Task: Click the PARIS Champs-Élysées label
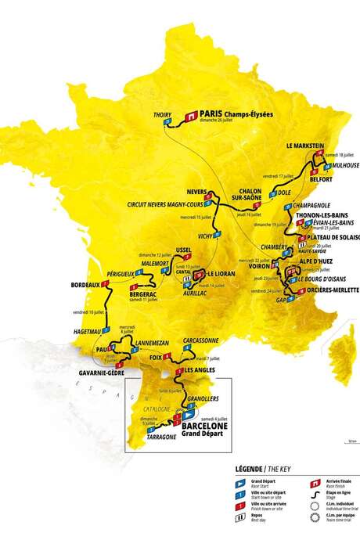[x=236, y=113]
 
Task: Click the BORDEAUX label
[x=85, y=284]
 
